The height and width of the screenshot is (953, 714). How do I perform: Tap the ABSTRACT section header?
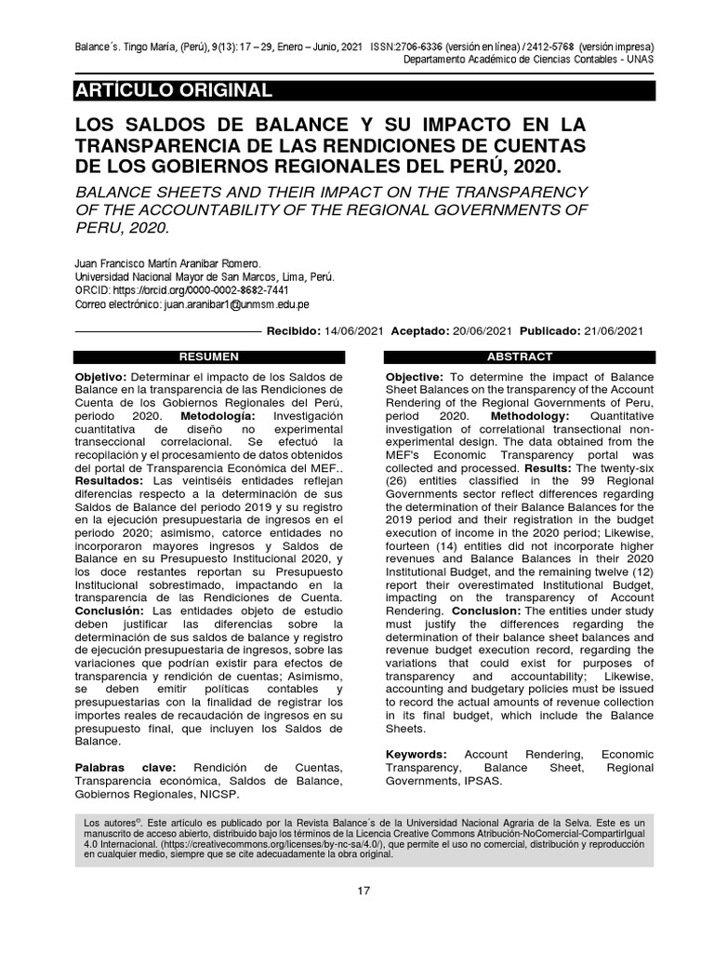[519, 356]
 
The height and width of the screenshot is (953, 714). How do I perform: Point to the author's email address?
[236, 304]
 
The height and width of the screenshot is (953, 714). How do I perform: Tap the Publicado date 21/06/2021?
[612, 331]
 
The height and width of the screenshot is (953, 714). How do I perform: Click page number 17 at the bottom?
[364, 891]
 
